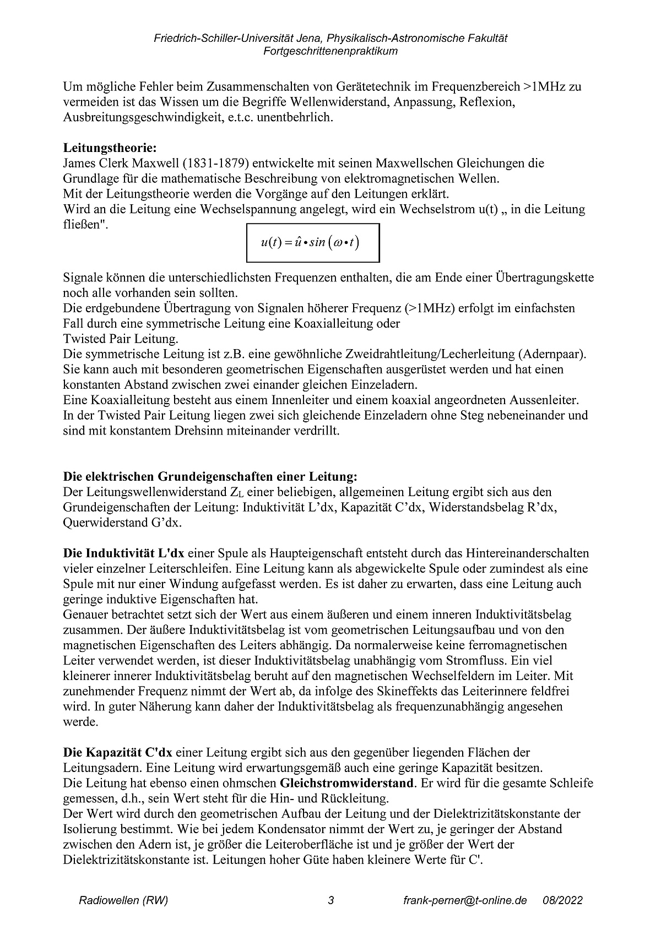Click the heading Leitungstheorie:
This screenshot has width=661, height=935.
pos(110,148)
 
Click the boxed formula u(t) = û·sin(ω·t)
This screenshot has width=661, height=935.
pos(312,242)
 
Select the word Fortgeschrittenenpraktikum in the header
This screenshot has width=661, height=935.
pos(330,51)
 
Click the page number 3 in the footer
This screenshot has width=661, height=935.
pos(330,901)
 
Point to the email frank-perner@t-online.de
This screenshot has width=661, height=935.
pos(465,901)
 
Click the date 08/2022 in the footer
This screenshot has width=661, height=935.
pos(562,901)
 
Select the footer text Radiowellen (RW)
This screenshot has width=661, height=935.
pos(123,901)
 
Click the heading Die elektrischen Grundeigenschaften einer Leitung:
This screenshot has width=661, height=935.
pos(210,476)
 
